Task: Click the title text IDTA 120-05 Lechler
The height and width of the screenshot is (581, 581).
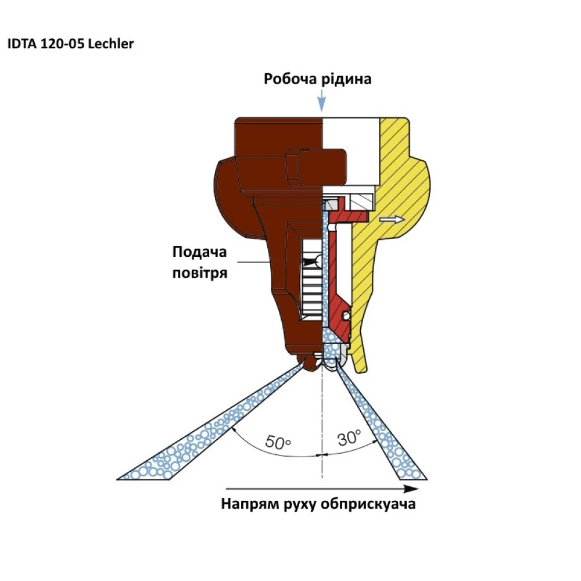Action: [70, 44]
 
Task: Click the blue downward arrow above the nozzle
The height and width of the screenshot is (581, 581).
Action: [322, 101]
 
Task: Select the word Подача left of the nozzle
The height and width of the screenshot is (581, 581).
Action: [199, 252]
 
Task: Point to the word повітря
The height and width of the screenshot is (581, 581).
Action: [200, 273]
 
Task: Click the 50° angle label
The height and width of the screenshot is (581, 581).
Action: [278, 442]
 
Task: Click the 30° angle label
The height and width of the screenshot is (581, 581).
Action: [349, 437]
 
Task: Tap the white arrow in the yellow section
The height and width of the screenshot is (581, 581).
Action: [392, 220]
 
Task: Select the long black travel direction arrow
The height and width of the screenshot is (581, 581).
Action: [322, 489]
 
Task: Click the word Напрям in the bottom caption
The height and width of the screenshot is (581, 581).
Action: [250, 504]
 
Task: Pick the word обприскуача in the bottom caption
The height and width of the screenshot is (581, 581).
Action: [368, 504]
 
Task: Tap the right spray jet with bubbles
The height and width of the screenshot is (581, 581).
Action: [380, 419]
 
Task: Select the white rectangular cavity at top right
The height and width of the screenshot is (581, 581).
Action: [350, 151]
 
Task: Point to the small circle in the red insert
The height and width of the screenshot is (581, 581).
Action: [346, 316]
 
